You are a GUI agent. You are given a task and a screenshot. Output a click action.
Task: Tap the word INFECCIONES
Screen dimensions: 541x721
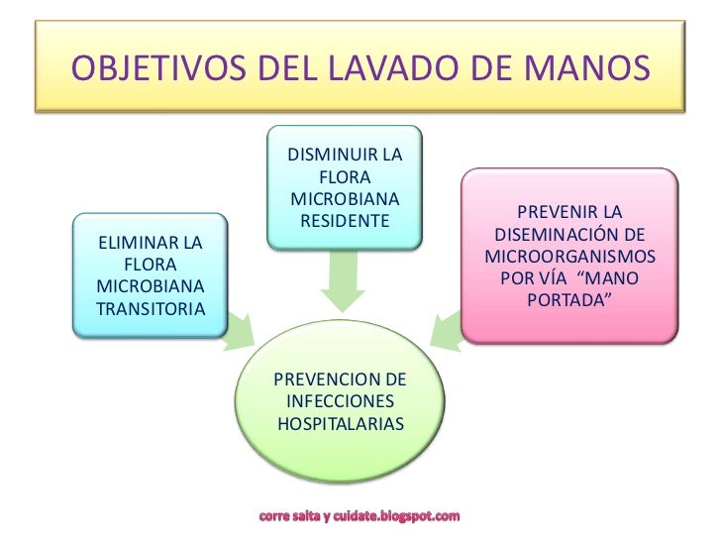point(340,401)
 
